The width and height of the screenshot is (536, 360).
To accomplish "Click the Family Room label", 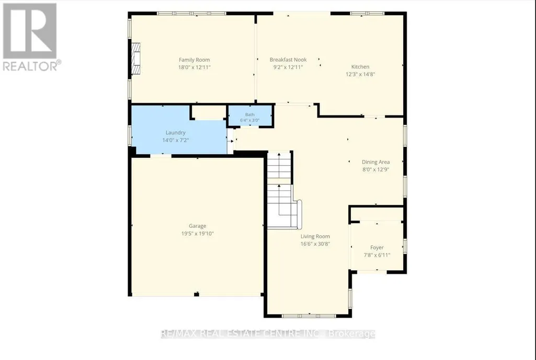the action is coord(194,60).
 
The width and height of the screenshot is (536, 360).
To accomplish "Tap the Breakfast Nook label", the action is coord(288,60).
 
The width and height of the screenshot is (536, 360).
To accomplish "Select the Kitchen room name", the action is coord(360,66).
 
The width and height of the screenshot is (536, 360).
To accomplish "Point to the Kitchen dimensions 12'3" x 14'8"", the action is coord(360,74).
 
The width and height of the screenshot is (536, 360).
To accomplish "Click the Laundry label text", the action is coord(175,133).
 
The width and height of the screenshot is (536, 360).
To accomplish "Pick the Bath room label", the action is coord(249,114).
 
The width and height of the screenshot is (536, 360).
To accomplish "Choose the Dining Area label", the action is coord(375,162).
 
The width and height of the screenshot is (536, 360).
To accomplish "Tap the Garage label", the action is coord(198,226).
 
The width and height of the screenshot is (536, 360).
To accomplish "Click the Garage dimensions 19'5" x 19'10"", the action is coord(198,234).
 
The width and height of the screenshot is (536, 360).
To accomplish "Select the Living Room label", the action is coord(315,236).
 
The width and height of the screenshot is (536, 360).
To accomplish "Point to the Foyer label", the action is coord(377,247).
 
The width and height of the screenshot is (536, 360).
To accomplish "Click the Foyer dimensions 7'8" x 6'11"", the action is coord(377,255).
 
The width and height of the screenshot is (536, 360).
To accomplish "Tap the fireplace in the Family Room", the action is coord(136,59).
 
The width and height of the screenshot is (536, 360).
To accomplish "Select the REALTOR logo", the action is coord(31,37).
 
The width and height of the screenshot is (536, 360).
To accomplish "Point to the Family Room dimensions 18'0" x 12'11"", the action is coord(194,67).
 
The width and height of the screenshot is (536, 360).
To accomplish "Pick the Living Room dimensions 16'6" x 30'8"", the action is coord(315,244).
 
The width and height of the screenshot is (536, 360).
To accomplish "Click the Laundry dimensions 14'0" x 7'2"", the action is coord(175,140).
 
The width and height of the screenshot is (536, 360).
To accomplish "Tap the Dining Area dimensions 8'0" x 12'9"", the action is coord(375,169).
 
